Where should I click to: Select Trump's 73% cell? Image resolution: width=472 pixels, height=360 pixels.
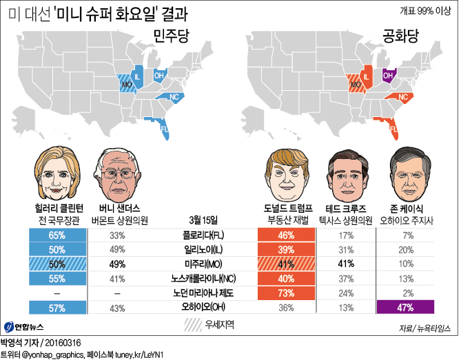[x=286, y=293]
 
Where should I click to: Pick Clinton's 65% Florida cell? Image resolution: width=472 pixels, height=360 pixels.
[x=57, y=235]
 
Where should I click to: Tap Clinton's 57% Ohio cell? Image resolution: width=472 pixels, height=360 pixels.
[x=57, y=308]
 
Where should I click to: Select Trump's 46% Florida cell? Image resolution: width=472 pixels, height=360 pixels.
[x=286, y=235]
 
